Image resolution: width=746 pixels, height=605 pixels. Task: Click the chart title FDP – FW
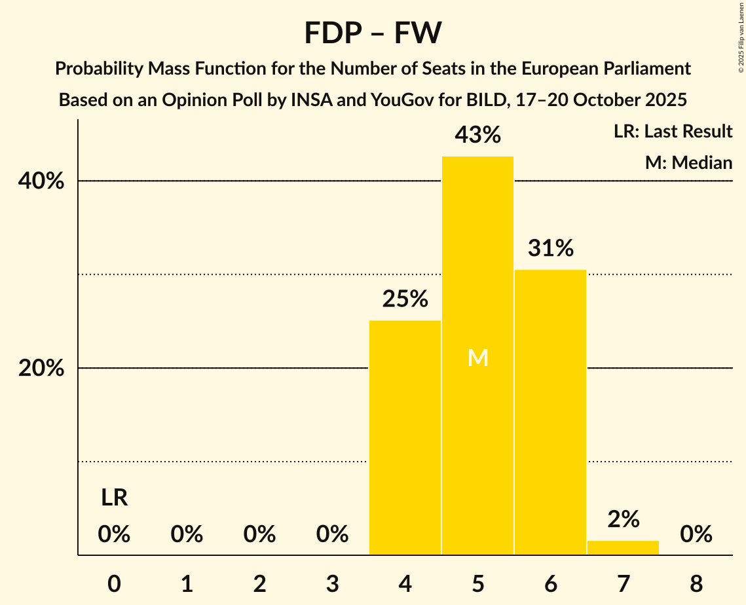point(373,33)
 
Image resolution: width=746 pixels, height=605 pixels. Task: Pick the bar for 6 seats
point(550,412)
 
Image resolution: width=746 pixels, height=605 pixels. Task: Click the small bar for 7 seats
point(623,548)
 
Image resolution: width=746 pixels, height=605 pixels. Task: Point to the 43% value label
point(477,136)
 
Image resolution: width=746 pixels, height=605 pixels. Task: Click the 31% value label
point(550,248)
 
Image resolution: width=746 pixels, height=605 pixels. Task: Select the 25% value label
point(405,299)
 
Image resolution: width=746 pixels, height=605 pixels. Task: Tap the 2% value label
point(623,519)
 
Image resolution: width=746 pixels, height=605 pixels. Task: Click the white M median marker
point(477,357)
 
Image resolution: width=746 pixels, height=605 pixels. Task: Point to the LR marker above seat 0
point(114,498)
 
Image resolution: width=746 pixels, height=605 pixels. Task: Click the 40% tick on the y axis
point(41,181)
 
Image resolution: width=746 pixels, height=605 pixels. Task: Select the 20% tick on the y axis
point(41,369)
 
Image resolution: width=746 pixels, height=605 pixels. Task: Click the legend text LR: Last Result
point(673,132)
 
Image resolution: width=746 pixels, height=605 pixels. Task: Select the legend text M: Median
point(688,162)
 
